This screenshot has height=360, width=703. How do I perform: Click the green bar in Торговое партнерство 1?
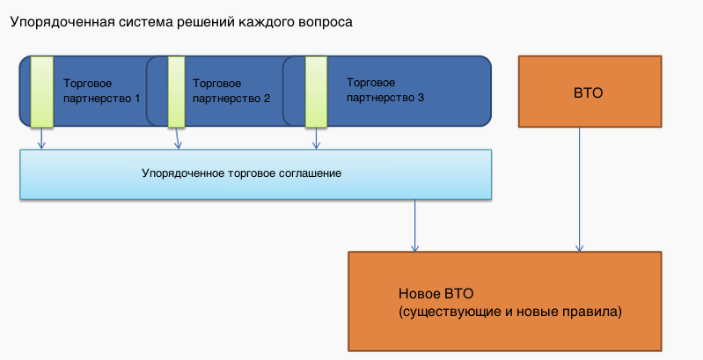point(41,92)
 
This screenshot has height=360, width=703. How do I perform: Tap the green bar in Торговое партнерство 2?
point(176,92)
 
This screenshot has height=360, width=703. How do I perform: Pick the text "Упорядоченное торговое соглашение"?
point(241,173)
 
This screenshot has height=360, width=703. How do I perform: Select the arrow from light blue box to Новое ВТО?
point(415,224)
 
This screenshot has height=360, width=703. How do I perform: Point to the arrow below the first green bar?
point(40,138)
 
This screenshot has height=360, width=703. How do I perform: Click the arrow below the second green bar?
point(177,138)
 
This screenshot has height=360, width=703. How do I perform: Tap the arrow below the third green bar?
point(315,138)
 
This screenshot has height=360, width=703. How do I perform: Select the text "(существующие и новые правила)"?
point(510,312)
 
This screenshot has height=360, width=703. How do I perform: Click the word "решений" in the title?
point(200,22)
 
